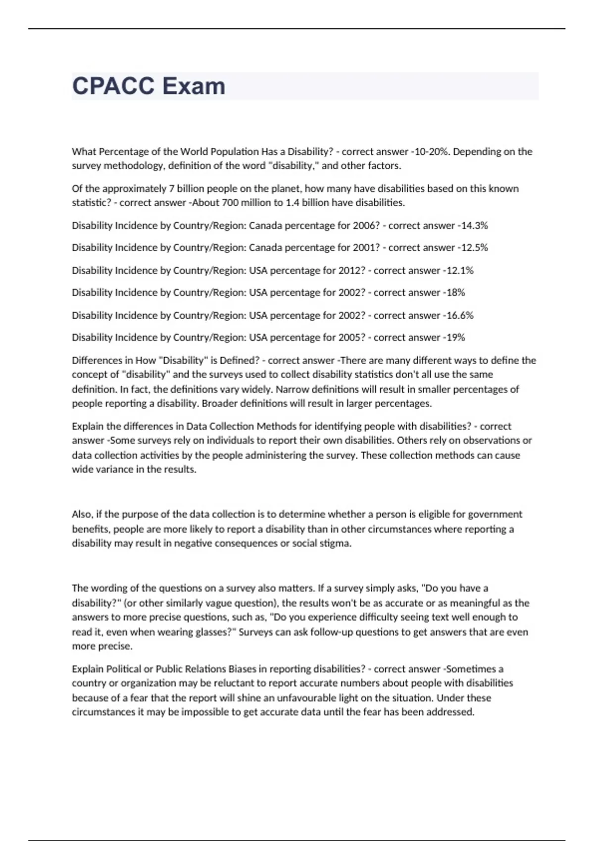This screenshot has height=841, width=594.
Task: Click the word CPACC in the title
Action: pyautogui.click(x=113, y=86)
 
